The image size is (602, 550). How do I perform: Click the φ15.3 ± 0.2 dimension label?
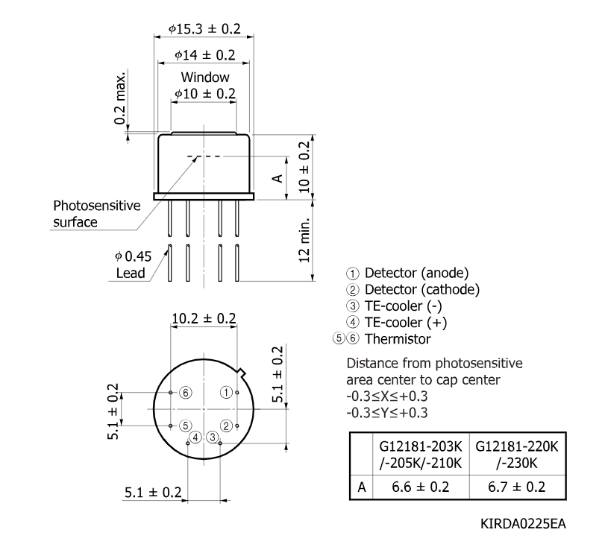(x=204, y=29)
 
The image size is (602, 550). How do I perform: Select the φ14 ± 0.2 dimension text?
(x=204, y=55)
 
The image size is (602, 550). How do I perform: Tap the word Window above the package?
(x=205, y=77)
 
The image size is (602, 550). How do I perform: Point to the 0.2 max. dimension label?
(x=120, y=98)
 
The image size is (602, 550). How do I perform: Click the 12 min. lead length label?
(x=304, y=240)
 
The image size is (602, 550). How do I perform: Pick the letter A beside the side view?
(x=278, y=178)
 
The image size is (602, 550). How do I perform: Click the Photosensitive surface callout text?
(x=97, y=214)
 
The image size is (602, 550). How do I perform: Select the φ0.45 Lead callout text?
(x=133, y=265)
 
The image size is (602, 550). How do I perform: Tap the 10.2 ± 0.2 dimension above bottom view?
(x=204, y=318)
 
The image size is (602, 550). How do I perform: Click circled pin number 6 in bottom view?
(x=186, y=393)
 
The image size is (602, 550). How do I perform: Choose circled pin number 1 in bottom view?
(x=226, y=392)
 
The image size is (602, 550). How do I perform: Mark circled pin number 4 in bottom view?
(x=195, y=437)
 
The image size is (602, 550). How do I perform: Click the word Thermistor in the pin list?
(x=398, y=339)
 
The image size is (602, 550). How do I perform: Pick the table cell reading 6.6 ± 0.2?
(x=421, y=487)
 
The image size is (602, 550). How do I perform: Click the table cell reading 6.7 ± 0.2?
(x=517, y=487)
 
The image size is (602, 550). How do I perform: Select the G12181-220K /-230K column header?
(x=517, y=455)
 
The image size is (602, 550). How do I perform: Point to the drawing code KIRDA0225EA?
(x=523, y=524)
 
